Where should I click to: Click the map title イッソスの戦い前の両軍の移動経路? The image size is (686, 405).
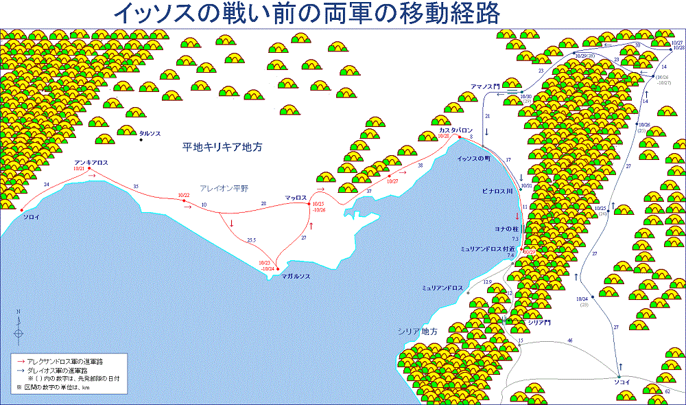click(x=305, y=12)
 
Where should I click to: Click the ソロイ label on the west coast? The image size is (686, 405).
click(x=32, y=217)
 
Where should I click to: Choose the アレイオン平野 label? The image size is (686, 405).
click(x=226, y=187)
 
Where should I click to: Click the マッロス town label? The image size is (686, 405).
click(x=296, y=198)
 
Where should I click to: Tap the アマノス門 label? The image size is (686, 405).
click(x=484, y=87)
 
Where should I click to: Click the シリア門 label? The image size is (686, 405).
click(x=538, y=322)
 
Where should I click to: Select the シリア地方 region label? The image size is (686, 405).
click(x=418, y=331)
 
